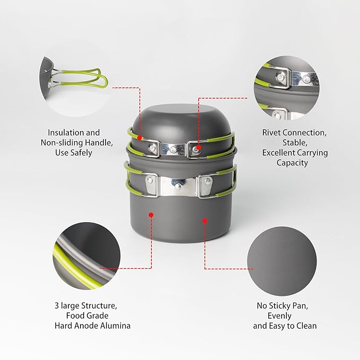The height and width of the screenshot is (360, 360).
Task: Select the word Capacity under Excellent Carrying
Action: (x=292, y=163)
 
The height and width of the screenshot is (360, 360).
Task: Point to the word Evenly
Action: (x=279, y=316)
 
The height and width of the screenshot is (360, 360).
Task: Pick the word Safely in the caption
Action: (x=81, y=153)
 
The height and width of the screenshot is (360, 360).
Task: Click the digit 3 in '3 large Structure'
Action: (x=57, y=305)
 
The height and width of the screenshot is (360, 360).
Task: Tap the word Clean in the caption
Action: (x=306, y=326)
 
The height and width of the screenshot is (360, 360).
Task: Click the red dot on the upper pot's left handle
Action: (x=139, y=138)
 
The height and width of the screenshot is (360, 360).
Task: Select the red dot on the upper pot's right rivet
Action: (x=199, y=147)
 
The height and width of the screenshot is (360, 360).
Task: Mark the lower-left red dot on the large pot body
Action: (x=151, y=215)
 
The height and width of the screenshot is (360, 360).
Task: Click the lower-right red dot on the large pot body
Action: (x=205, y=221)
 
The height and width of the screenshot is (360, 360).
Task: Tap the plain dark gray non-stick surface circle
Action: (x=282, y=261)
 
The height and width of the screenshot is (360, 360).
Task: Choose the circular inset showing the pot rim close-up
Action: (x=86, y=256)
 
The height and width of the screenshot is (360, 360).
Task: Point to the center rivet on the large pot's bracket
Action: (x=178, y=187)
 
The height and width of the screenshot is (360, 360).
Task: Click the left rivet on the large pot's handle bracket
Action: (x=150, y=180)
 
